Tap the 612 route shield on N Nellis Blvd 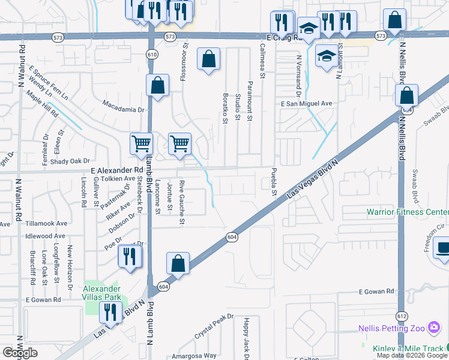coord(401,316)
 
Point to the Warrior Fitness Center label coord(408,212)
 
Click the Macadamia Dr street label coord(124,110)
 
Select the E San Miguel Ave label coord(306,103)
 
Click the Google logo coord(20,353)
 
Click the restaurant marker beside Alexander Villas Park coord(110,311)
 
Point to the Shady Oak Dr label coord(70,161)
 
